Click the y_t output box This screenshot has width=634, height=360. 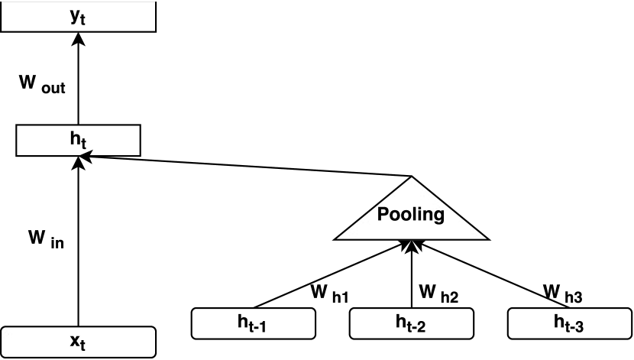(79, 16)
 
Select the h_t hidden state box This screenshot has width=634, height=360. (79, 140)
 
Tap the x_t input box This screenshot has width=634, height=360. (79, 341)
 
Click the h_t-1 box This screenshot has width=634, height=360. (254, 324)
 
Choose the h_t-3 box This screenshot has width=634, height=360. (570, 324)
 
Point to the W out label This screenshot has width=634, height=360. (42, 85)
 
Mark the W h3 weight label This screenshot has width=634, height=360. (562, 292)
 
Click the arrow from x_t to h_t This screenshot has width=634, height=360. (79, 245)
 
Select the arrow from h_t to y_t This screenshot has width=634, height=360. (79, 84)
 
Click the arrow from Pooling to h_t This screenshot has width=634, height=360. (244, 166)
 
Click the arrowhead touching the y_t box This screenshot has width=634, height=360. (79, 38)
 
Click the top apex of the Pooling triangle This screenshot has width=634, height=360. (412, 177)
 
